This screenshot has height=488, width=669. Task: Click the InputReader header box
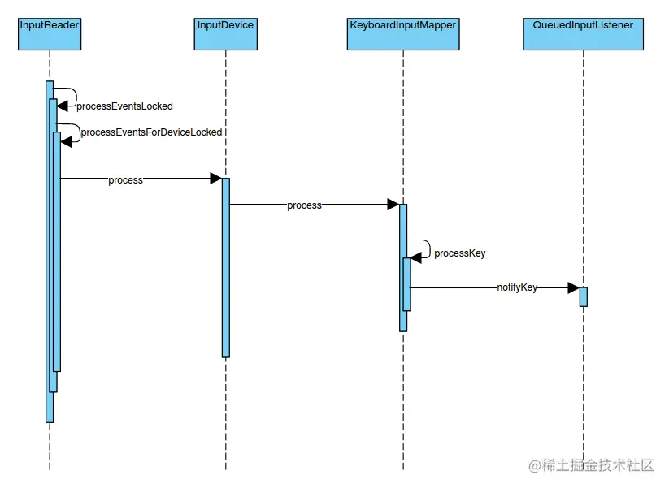pos(50,33)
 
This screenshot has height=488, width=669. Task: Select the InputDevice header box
pos(225,33)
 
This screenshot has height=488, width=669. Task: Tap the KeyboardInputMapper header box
pos(402,33)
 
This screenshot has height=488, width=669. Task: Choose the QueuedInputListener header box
pos(583,33)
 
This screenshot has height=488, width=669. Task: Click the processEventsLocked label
pos(124,106)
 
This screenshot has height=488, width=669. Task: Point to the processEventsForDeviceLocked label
pos(151,132)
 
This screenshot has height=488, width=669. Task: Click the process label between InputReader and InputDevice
pos(125,180)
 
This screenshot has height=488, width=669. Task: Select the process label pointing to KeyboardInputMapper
pos(304,206)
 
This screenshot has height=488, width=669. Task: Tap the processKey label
pos(459,253)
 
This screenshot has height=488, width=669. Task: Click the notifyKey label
pos(517,287)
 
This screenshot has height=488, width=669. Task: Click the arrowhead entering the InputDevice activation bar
pos(216,179)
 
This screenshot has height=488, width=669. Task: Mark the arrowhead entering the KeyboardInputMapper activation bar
pos(393,205)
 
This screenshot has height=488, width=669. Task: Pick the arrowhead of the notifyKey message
pos(573,287)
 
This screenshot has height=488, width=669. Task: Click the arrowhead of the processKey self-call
pos(416,257)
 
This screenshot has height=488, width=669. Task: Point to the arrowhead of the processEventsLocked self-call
pos(62,106)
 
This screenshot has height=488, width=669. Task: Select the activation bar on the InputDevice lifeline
pos(225,268)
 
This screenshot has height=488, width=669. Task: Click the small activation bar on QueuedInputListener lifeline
pos(583,296)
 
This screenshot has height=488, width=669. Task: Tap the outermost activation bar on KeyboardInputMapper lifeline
pos(402,321)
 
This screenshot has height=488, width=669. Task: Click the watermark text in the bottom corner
pos(591,465)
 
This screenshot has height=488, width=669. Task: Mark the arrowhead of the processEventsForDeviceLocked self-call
pos(66,141)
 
